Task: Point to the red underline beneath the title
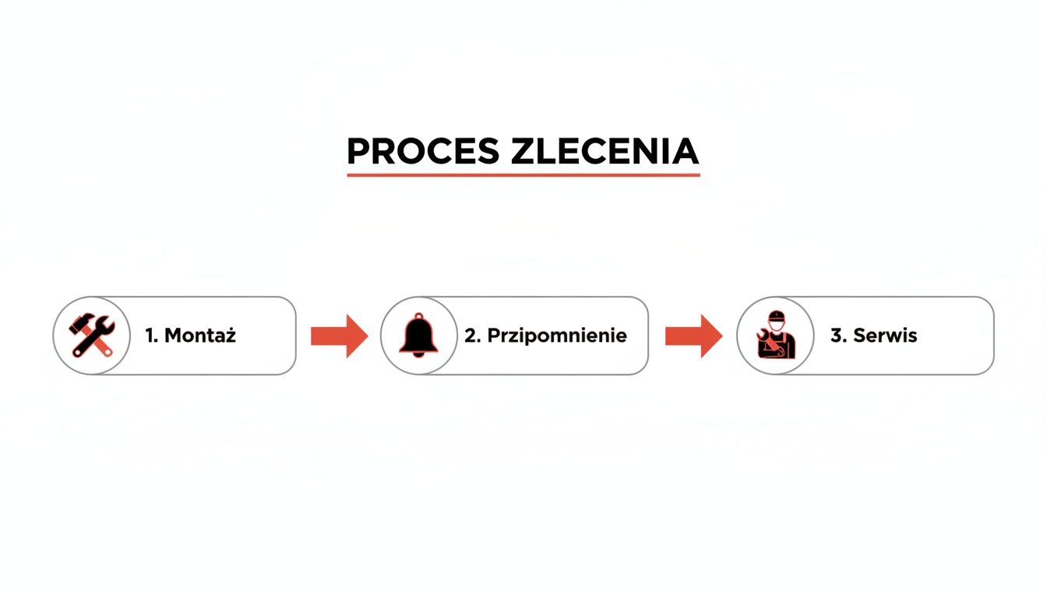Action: tap(523, 174)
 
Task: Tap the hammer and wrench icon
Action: tap(92, 336)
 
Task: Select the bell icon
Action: tap(418, 335)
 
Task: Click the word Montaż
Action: tap(200, 336)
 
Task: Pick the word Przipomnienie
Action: tap(557, 336)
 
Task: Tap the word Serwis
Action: tap(885, 336)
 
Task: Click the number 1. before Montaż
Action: tap(151, 336)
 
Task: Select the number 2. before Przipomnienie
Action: tap(472, 336)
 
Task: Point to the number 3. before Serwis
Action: tap(837, 336)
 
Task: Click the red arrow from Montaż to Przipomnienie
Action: tap(339, 336)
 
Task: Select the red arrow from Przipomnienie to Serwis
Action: tap(693, 336)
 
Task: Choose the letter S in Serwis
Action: tap(860, 336)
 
